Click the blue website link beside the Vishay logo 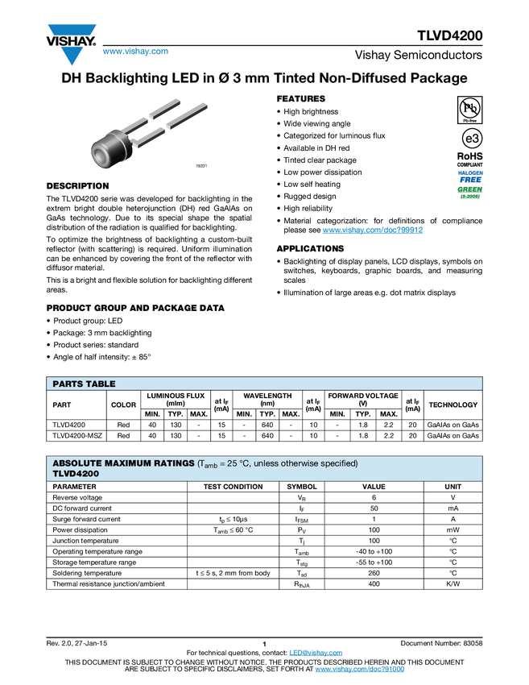(x=135, y=52)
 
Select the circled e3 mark (x=469, y=138)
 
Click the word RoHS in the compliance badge (x=470, y=156)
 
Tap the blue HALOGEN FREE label (x=470, y=176)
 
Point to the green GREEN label (x=470, y=190)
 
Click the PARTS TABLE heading (x=85, y=384)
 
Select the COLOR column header (x=123, y=405)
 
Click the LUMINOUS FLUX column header (x=176, y=399)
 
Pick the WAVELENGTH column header (x=267, y=399)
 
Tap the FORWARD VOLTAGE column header (x=363, y=399)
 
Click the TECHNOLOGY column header (x=453, y=405)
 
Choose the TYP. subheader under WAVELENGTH (x=267, y=414)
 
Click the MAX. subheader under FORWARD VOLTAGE (x=389, y=414)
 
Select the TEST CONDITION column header (x=233, y=487)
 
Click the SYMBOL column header (x=302, y=487)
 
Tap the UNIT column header (x=453, y=487)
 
